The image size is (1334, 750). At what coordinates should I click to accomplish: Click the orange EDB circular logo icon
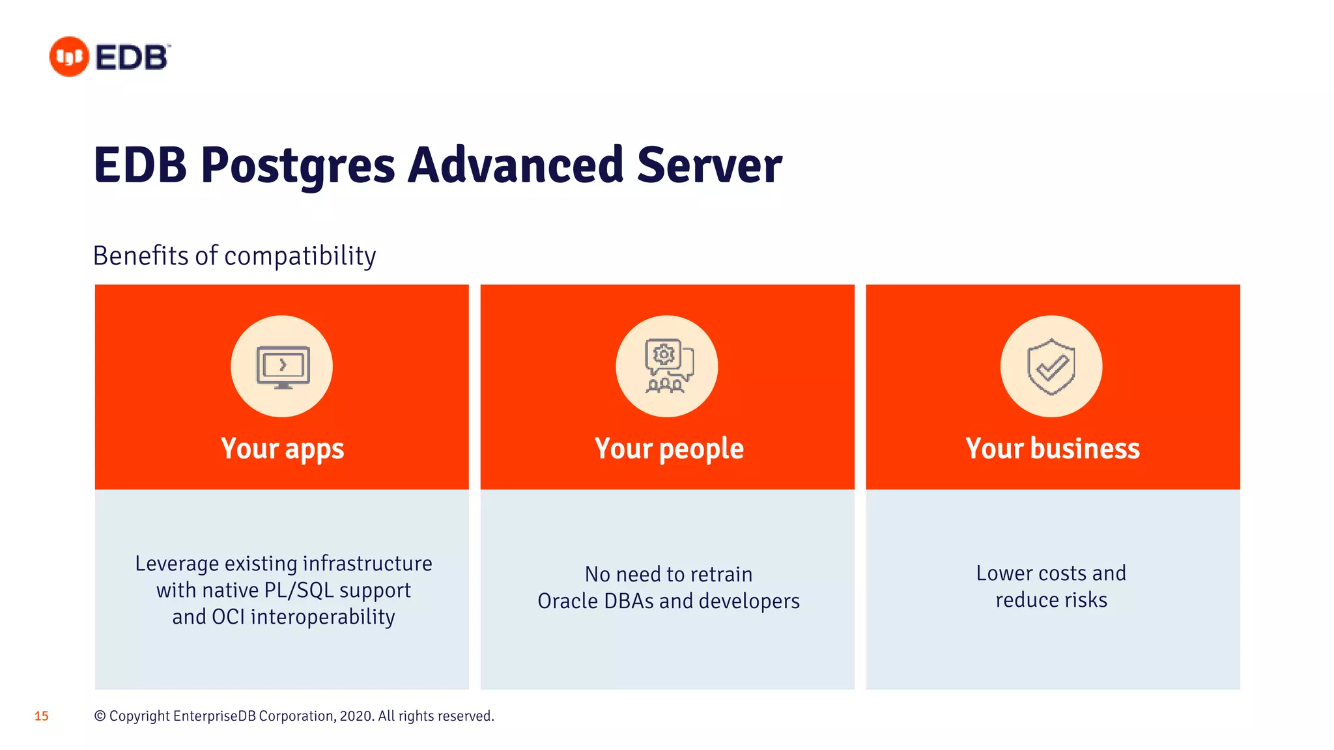[x=69, y=57]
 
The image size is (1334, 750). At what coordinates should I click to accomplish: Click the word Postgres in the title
[x=298, y=165]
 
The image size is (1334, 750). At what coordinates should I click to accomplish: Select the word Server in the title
[x=709, y=165]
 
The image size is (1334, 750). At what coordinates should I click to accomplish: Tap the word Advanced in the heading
[x=516, y=165]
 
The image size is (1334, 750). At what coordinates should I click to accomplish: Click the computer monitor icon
[x=283, y=367]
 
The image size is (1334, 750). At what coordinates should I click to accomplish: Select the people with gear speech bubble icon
[x=668, y=367]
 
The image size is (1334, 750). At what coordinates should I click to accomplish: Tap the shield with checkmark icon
[x=1051, y=367]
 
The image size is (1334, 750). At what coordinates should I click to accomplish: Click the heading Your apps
[x=282, y=449]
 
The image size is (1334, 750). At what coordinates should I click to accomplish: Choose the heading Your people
[x=668, y=449]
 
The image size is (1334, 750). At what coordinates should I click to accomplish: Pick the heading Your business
[x=1052, y=449]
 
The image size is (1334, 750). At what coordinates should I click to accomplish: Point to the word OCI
[x=227, y=617]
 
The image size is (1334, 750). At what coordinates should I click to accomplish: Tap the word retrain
[x=721, y=575]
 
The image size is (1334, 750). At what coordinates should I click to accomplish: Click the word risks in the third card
[x=1085, y=600]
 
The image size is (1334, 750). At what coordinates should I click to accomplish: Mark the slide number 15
[x=41, y=716]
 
